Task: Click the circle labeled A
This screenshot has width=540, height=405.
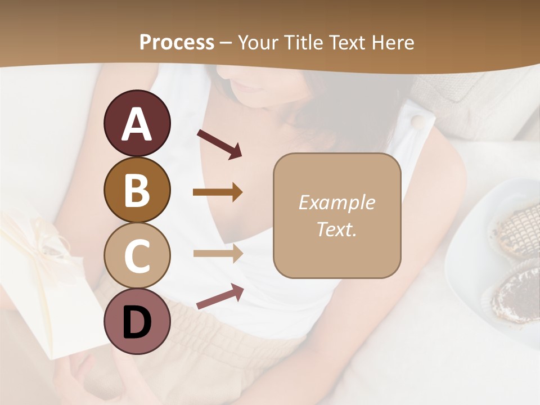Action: click(x=137, y=124)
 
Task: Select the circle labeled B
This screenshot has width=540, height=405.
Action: click(x=137, y=190)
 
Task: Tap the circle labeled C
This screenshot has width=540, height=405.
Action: click(x=137, y=255)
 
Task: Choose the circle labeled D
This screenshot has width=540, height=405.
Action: click(x=137, y=321)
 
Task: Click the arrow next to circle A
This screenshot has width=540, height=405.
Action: click(x=219, y=143)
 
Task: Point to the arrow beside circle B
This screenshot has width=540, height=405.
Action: click(x=218, y=192)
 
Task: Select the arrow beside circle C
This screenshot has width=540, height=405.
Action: click(x=218, y=253)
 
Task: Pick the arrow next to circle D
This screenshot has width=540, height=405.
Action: click(x=220, y=296)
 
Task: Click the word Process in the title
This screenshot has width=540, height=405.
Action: click(x=177, y=43)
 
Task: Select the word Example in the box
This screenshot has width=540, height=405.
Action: click(x=336, y=202)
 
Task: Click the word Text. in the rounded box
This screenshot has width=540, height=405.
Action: click(x=336, y=229)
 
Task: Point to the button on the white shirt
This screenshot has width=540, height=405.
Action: click(x=417, y=122)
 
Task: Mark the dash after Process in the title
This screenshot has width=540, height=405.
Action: click(x=226, y=43)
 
